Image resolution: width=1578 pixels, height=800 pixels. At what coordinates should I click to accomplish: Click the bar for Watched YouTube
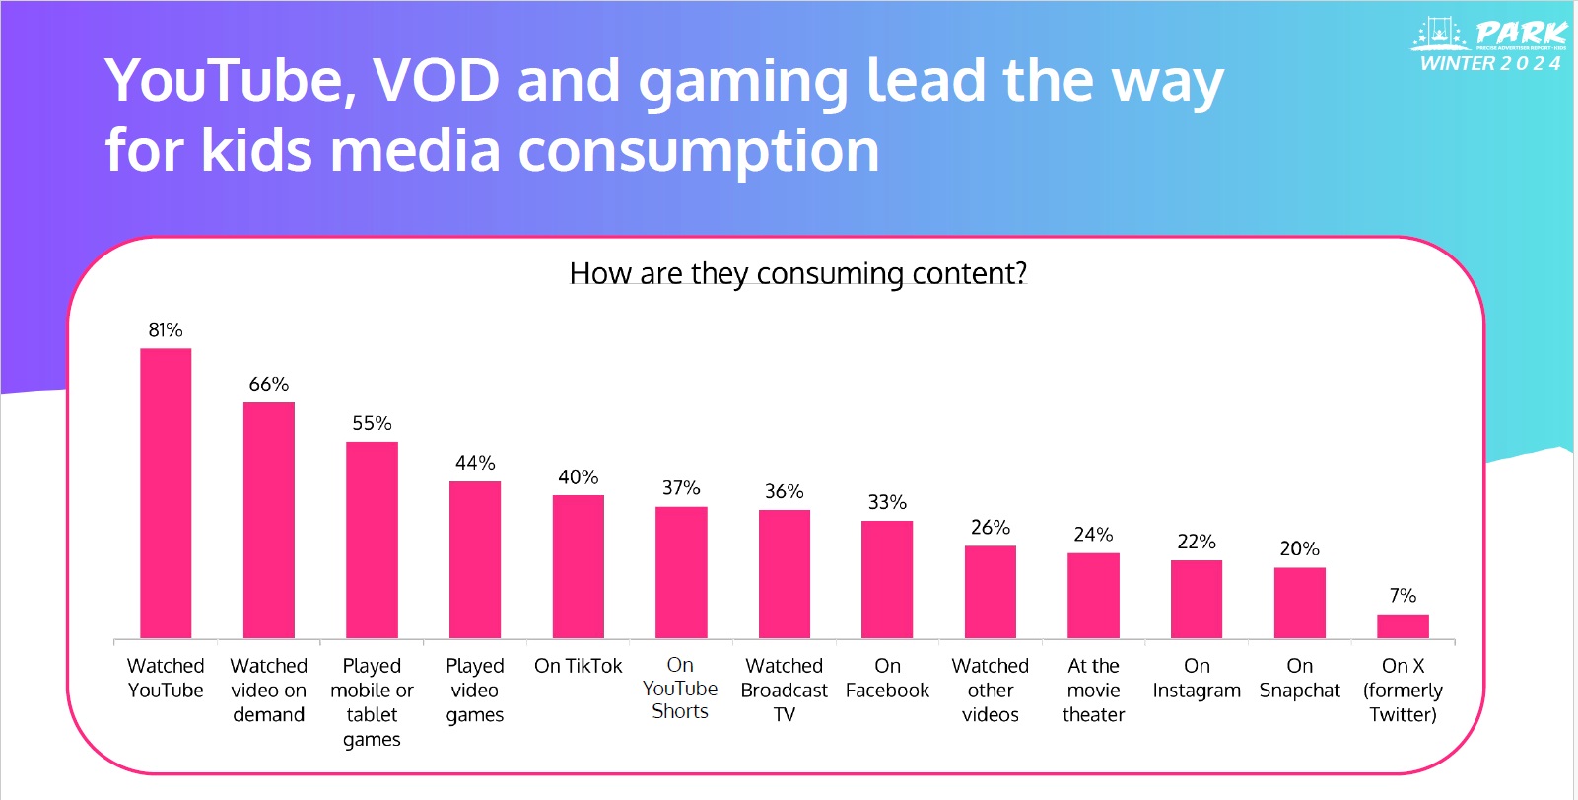[166, 493]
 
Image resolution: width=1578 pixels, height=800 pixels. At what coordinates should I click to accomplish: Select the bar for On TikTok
[578, 566]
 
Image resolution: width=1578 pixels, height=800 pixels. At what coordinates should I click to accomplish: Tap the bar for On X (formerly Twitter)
[1403, 626]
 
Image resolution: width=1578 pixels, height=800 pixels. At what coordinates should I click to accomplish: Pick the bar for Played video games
[475, 559]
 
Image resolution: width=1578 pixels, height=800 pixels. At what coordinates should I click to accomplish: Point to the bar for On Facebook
[887, 579]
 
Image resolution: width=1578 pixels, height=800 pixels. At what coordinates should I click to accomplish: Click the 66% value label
[269, 384]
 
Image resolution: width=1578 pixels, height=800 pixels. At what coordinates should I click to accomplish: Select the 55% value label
[372, 423]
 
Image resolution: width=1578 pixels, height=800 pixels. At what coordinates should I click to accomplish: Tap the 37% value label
[681, 488]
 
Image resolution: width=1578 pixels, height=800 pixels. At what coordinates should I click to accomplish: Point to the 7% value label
[1403, 596]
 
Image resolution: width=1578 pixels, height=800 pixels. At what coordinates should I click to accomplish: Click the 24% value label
[1093, 535]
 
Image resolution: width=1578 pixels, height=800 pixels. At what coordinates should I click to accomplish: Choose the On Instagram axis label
[1197, 679]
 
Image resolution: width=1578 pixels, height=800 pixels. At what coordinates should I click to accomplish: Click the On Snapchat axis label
[1299, 679]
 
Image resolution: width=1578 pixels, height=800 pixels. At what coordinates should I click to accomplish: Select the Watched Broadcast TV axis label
[785, 691]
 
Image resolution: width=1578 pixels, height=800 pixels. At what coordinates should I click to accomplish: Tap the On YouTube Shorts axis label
[680, 689]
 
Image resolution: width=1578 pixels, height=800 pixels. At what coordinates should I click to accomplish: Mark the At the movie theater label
[1093, 691]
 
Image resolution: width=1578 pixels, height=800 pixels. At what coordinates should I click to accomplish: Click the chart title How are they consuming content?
[798, 273]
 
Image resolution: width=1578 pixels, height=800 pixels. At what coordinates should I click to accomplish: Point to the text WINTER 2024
[1490, 64]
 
